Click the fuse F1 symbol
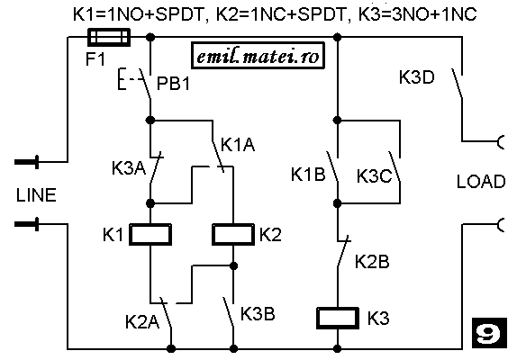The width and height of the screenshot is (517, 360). click(109, 37)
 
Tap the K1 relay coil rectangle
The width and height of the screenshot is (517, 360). click(150, 234)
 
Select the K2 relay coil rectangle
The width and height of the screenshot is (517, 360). click(233, 234)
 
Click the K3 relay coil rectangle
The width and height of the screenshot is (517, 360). click(338, 318)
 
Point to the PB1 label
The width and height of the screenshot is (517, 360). click(174, 83)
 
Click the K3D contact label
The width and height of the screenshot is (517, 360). click(417, 77)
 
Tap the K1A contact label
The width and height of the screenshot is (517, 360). click(238, 144)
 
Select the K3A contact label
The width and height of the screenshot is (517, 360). click(129, 167)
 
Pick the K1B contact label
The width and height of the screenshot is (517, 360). click(308, 174)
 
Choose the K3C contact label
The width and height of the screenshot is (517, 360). click(375, 175)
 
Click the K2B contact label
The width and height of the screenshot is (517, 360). click(372, 262)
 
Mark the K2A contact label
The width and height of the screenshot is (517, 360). click(142, 321)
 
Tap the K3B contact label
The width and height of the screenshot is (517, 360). click(258, 313)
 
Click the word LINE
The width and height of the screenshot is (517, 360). click(36, 195)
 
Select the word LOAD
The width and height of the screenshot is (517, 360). click(481, 181)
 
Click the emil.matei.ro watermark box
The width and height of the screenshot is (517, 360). click(258, 56)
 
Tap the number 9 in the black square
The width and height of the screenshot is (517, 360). click(489, 333)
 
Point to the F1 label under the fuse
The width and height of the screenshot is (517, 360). click(95, 59)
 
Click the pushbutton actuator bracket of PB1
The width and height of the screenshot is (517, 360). click(122, 79)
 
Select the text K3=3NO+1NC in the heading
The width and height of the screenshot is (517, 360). click(417, 14)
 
